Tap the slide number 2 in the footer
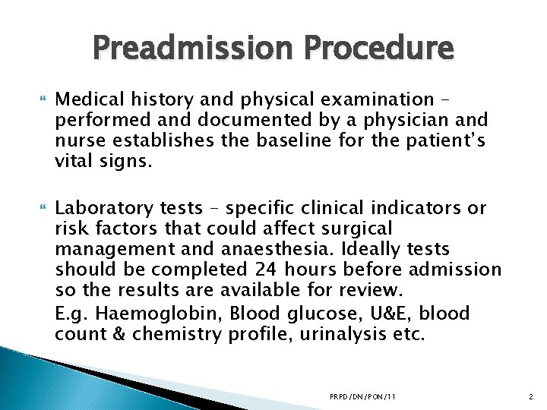point(530,396)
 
